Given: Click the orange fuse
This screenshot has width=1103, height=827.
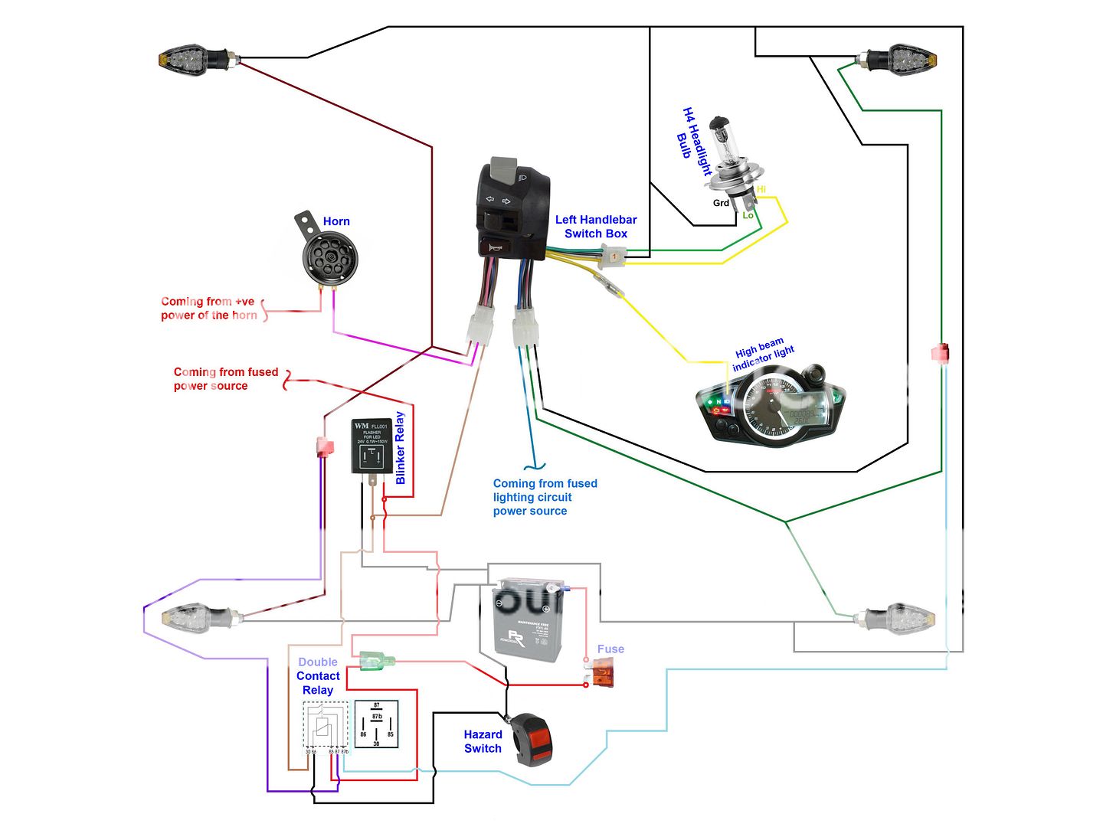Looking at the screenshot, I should pos(602,676).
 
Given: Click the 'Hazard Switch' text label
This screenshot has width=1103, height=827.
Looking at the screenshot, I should pos(483,741).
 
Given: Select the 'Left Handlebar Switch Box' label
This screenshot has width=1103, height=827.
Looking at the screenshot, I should pos(596,227).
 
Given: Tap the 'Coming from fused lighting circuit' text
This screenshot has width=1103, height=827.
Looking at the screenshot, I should pos(544,497).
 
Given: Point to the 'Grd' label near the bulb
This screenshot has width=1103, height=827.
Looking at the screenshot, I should pos(721,203).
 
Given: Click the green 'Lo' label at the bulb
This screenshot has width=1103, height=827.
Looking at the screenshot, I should pos(748,215).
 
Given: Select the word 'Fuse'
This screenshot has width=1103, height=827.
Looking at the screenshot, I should pos(610,649).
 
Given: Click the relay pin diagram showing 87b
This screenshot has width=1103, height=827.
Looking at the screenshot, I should pos(376,724).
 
